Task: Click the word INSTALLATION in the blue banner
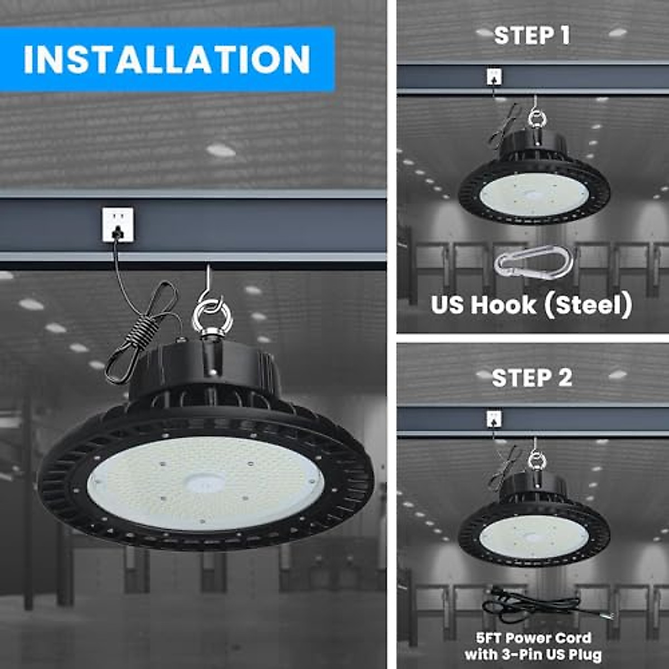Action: (x=166, y=59)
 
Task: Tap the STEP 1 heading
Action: (x=532, y=36)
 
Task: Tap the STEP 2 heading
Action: (x=532, y=378)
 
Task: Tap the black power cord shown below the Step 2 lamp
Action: (x=535, y=607)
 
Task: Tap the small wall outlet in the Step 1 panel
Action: (x=494, y=76)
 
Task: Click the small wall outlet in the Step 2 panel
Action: (x=494, y=419)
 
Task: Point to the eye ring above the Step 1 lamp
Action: (x=536, y=119)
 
